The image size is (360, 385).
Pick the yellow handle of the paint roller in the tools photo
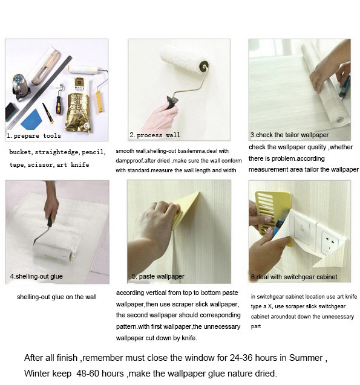[x=99, y=99]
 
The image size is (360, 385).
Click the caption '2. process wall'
[x=155, y=135]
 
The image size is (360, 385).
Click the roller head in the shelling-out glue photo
[x=54, y=246]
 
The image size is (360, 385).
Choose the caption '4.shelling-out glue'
[x=36, y=276]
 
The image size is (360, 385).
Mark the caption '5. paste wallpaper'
[x=158, y=276]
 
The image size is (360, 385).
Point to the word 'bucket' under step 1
[x=21, y=152]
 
